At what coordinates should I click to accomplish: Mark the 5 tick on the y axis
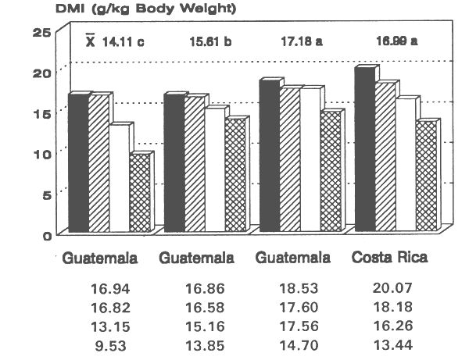46,194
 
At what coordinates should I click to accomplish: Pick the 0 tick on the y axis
46,234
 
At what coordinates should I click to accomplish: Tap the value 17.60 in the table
297,306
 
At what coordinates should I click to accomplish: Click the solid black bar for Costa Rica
363,152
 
